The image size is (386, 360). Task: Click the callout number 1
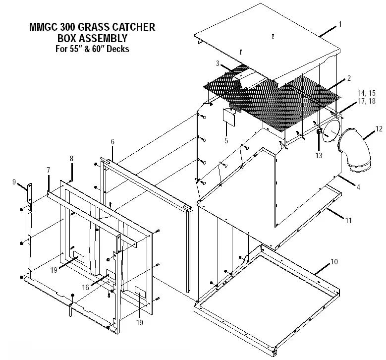(340, 24)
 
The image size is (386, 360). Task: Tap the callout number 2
(349, 78)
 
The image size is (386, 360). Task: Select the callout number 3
(217, 63)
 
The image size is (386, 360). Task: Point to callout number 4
(358, 187)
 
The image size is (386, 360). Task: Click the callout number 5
(226, 141)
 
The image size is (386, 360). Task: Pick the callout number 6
(112, 142)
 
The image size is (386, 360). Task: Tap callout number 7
(48, 170)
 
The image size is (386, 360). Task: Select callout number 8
(71, 159)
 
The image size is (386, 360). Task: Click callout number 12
(379, 129)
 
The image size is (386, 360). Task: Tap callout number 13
(319, 155)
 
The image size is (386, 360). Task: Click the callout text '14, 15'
(366, 93)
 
